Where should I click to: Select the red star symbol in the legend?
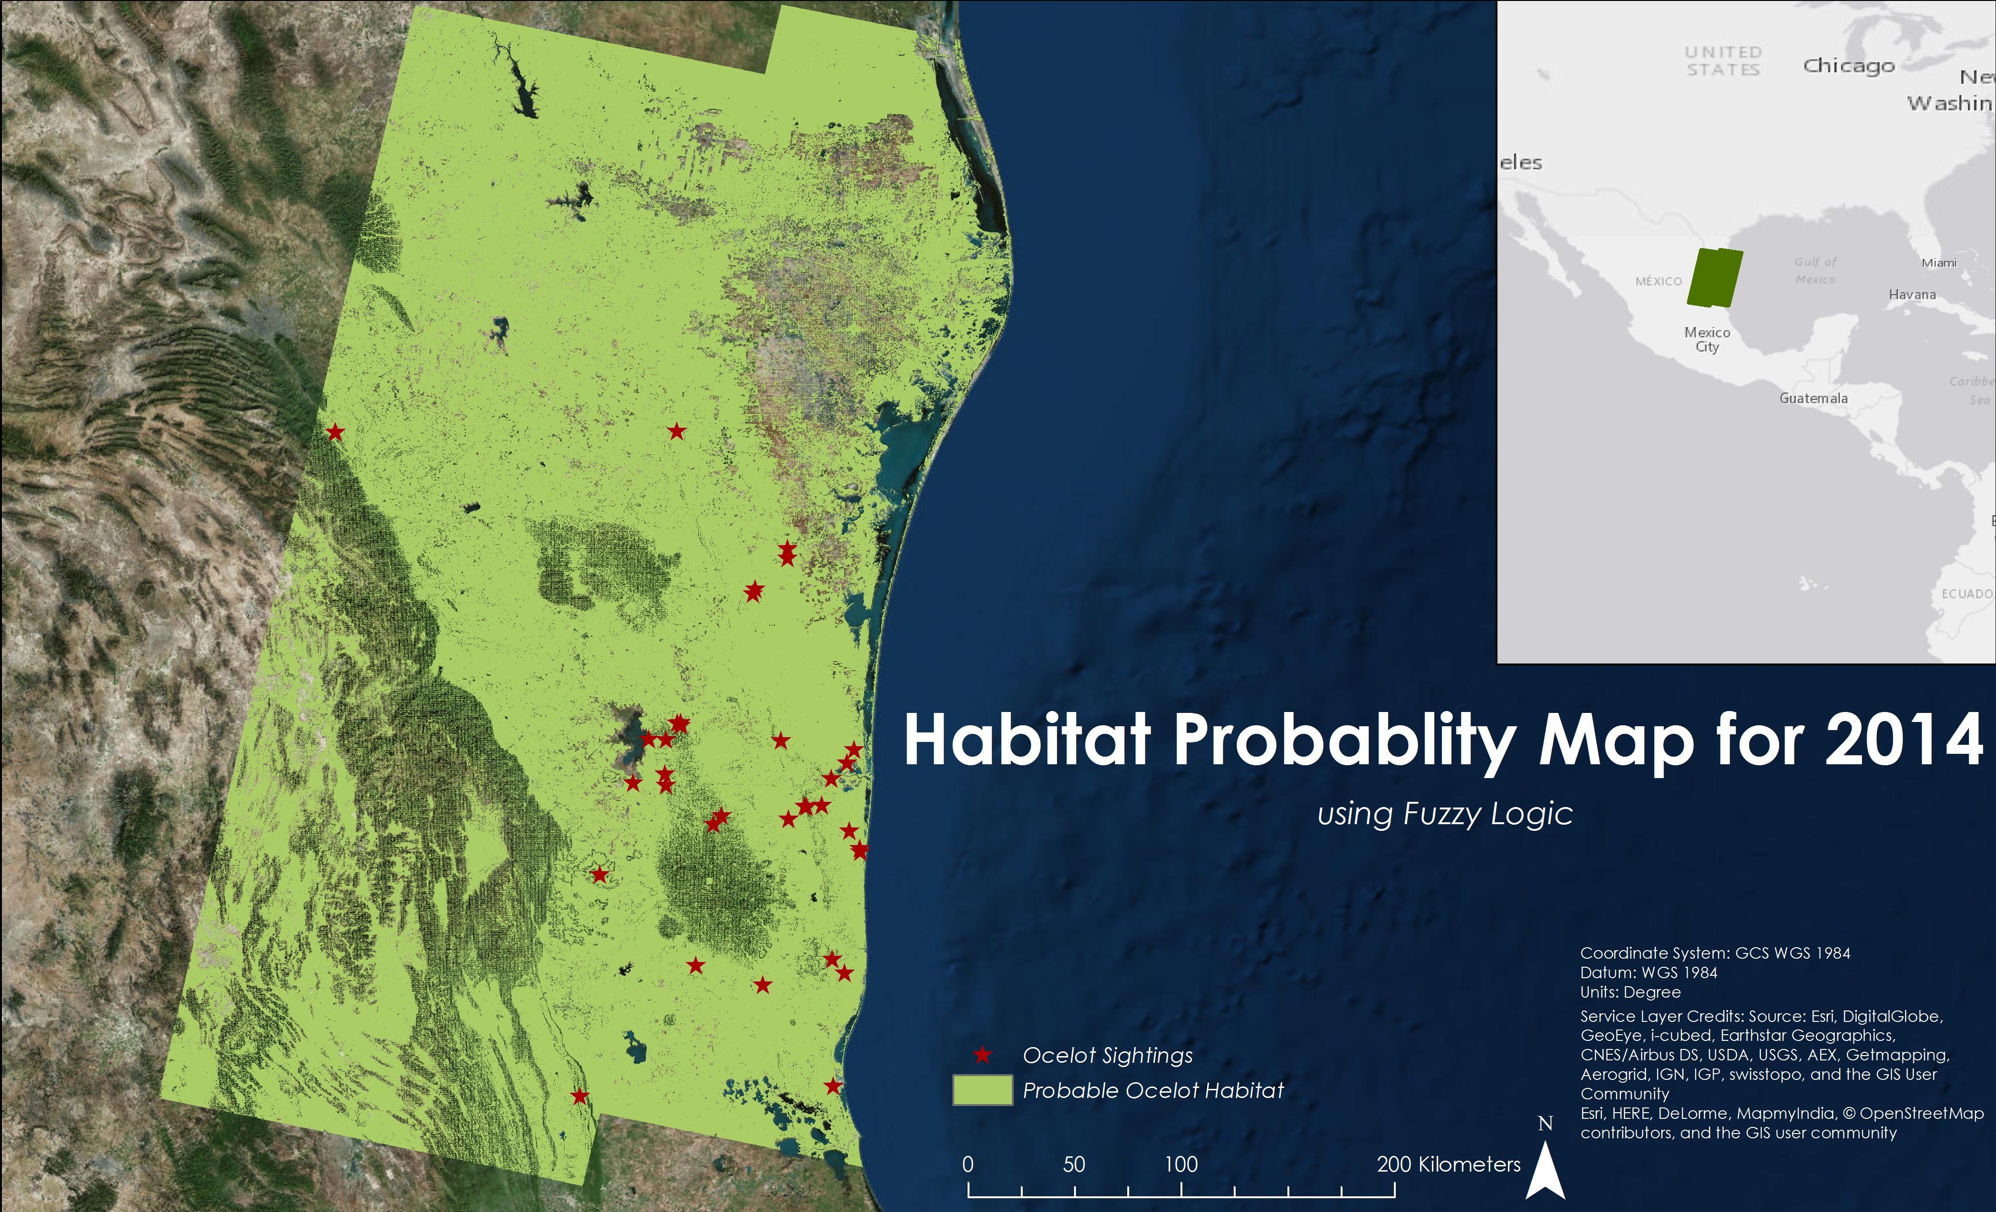pyautogui.click(x=983, y=1055)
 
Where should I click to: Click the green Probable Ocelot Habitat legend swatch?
pyautogui.click(x=983, y=1090)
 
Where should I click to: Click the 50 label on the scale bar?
pyautogui.click(x=1074, y=1164)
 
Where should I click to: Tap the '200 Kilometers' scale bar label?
pyautogui.click(x=1449, y=1164)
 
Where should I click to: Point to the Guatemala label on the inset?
pyautogui.click(x=1814, y=398)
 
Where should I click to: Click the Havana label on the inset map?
pyautogui.click(x=1912, y=294)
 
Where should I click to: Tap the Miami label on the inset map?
pyautogui.click(x=1939, y=262)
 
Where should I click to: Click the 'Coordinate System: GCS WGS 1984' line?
pyautogui.click(x=1715, y=953)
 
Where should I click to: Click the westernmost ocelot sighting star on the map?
pyautogui.click(x=335, y=432)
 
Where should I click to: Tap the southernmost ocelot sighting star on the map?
pyautogui.click(x=579, y=1096)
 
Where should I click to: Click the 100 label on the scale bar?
pyautogui.click(x=1181, y=1164)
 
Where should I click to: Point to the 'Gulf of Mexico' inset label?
pyautogui.click(x=1815, y=270)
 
